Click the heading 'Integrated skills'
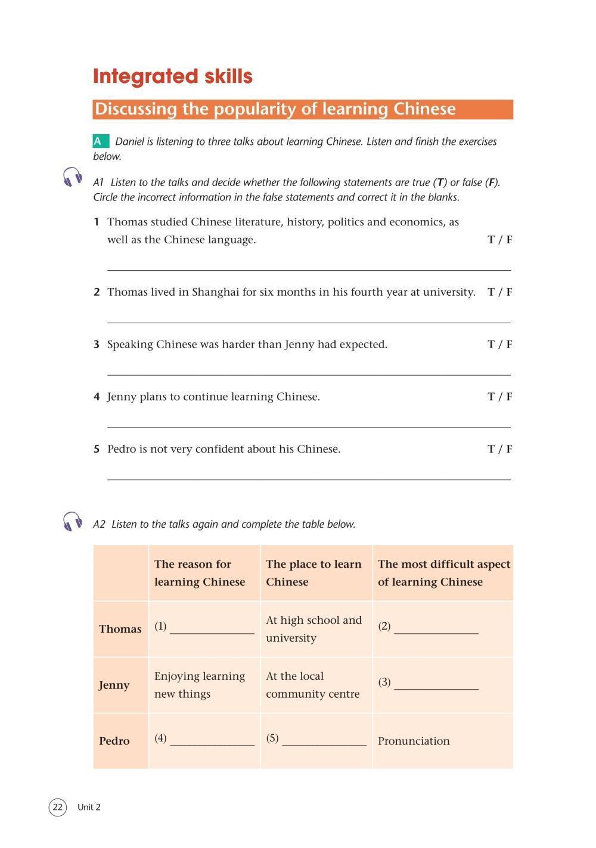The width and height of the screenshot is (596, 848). click(173, 76)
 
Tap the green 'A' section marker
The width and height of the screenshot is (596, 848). click(100, 141)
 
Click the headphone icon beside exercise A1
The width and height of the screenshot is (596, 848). click(73, 178)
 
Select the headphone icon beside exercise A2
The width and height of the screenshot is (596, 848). click(73, 521)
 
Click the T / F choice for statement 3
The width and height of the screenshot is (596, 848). click(499, 344)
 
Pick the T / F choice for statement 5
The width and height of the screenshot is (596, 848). click(499, 449)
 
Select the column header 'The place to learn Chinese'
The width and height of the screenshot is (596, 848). click(313, 572)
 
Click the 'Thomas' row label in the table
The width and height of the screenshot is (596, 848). click(120, 629)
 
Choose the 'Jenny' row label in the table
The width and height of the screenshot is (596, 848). click(114, 685)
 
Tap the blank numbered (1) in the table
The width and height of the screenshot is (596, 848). click(212, 629)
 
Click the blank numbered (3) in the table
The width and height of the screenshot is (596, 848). click(436, 685)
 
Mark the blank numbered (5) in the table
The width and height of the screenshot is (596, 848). click(324, 741)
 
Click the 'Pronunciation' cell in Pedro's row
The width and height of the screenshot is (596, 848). click(414, 741)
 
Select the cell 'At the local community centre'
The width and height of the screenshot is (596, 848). click(313, 685)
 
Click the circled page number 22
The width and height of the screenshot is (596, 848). click(57, 807)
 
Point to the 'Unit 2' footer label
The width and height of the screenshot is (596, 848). click(89, 807)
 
